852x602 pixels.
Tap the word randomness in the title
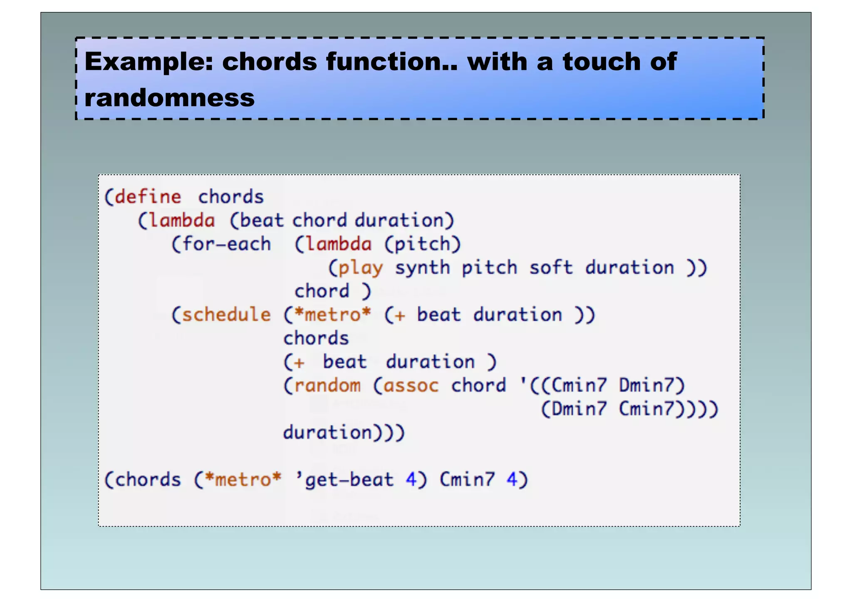(x=169, y=98)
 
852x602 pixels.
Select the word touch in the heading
(x=602, y=62)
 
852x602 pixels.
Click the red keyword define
(x=148, y=197)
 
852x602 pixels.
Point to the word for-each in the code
(x=226, y=244)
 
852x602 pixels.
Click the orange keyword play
(x=360, y=268)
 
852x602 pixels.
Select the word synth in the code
(x=422, y=268)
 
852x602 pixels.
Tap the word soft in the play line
(x=550, y=268)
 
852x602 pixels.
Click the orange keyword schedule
(x=226, y=315)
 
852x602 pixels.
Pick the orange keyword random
(x=327, y=386)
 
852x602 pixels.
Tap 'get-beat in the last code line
(x=344, y=480)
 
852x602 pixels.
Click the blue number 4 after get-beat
(x=411, y=480)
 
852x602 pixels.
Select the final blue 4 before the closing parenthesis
(x=512, y=480)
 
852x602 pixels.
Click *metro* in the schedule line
(x=332, y=315)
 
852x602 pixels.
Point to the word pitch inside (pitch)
(x=422, y=245)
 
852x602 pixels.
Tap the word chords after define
(x=231, y=197)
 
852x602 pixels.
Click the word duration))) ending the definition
(x=344, y=433)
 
